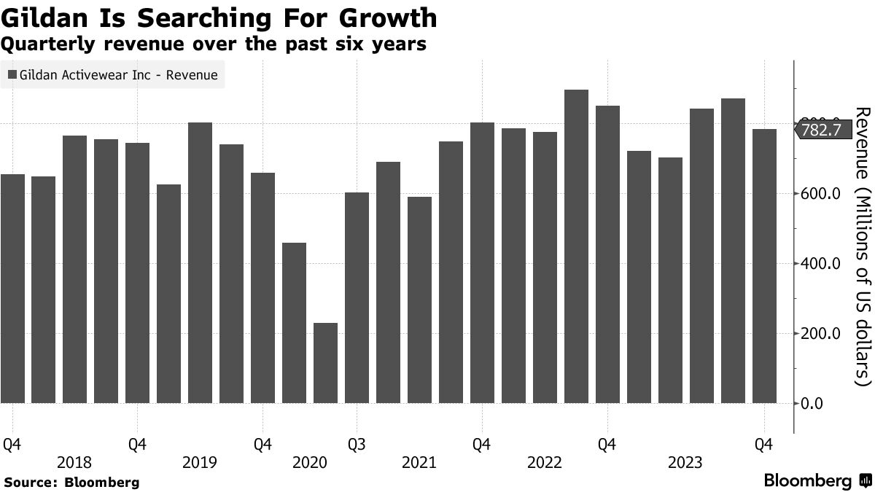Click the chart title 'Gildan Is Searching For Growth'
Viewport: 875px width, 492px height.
pos(219,17)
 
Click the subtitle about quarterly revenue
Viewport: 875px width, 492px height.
pos(214,44)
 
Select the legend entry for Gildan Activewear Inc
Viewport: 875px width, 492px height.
pos(113,74)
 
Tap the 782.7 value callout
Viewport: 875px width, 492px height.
pos(821,130)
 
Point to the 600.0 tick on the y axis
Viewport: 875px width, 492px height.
pos(821,194)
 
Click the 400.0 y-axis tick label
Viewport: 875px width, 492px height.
pos(821,264)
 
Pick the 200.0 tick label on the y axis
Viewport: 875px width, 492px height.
pos(821,334)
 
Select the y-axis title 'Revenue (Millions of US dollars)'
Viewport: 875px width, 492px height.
pos(863,246)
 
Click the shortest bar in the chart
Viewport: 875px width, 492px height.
pos(325,363)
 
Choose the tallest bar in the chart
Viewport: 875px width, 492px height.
pos(576,246)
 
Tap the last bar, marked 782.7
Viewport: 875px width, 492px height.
pos(764,266)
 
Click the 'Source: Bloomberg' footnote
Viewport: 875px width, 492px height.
pos(71,483)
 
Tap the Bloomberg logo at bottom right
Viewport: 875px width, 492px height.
pos(817,481)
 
